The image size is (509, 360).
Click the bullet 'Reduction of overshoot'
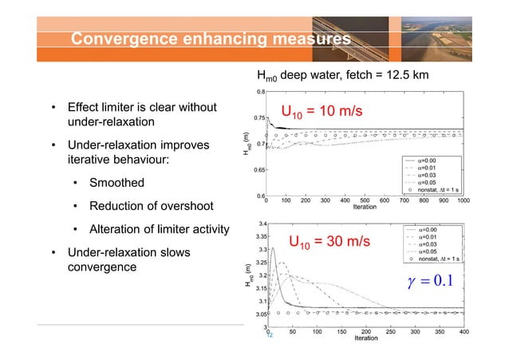pyautogui.click(x=144, y=208)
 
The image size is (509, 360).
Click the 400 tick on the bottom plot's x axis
pyautogui.click(x=463, y=331)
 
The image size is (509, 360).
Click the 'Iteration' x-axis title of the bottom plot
pyautogui.click(x=365, y=338)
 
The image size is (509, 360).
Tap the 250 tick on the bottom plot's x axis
pyautogui.click(x=390, y=331)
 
